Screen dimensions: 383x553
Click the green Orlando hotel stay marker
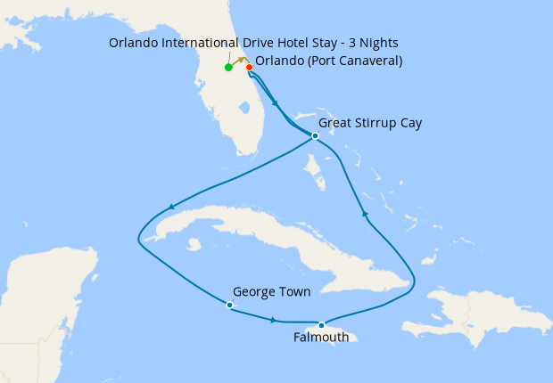coord(229,67)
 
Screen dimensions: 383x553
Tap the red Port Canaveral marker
coord(249,67)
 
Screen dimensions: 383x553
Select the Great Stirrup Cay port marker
coord(315,135)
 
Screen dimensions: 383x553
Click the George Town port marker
coord(229,305)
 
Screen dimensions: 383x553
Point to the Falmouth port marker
coord(321,325)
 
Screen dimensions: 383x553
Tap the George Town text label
coord(271,291)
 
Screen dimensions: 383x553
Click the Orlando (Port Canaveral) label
coord(329,61)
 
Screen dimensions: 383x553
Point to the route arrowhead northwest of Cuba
coord(169,208)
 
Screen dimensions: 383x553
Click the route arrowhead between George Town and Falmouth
coord(274,319)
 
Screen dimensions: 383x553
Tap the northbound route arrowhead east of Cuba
coord(363,213)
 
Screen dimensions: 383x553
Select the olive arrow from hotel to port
coord(239,59)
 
